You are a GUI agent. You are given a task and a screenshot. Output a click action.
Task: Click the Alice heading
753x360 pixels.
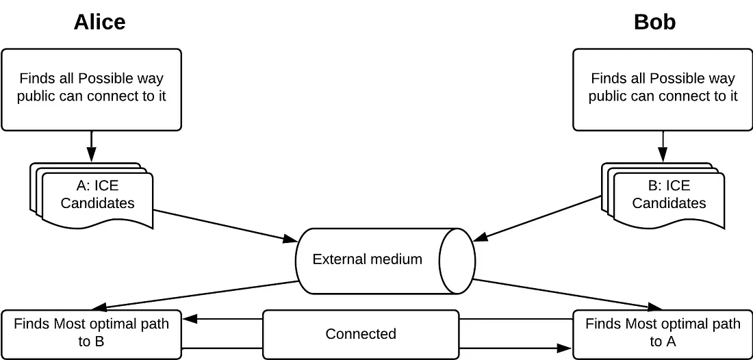pyautogui.click(x=99, y=22)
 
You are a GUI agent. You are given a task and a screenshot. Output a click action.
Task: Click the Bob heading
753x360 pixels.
pyautogui.click(x=654, y=22)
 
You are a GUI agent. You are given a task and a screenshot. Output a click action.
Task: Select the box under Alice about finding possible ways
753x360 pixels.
pyautogui.click(x=91, y=89)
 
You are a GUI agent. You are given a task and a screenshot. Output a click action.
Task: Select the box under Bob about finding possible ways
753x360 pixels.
pyautogui.click(x=663, y=89)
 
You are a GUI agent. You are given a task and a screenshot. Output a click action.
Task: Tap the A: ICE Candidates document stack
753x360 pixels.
pyautogui.click(x=97, y=194)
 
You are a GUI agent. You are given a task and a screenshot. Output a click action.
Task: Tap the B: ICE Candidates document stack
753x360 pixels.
pyautogui.click(x=668, y=194)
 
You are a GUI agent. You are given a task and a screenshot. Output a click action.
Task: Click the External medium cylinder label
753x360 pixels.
pyautogui.click(x=367, y=259)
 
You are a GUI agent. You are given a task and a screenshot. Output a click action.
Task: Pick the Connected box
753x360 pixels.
pyautogui.click(x=360, y=334)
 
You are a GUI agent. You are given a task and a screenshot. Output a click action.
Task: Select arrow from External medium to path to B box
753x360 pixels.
pyautogui.click(x=199, y=295)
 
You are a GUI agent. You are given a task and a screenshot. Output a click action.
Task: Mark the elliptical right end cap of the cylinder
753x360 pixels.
pyautogui.click(x=457, y=260)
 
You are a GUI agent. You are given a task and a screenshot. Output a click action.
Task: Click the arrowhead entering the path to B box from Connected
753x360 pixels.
pyautogui.click(x=188, y=319)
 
